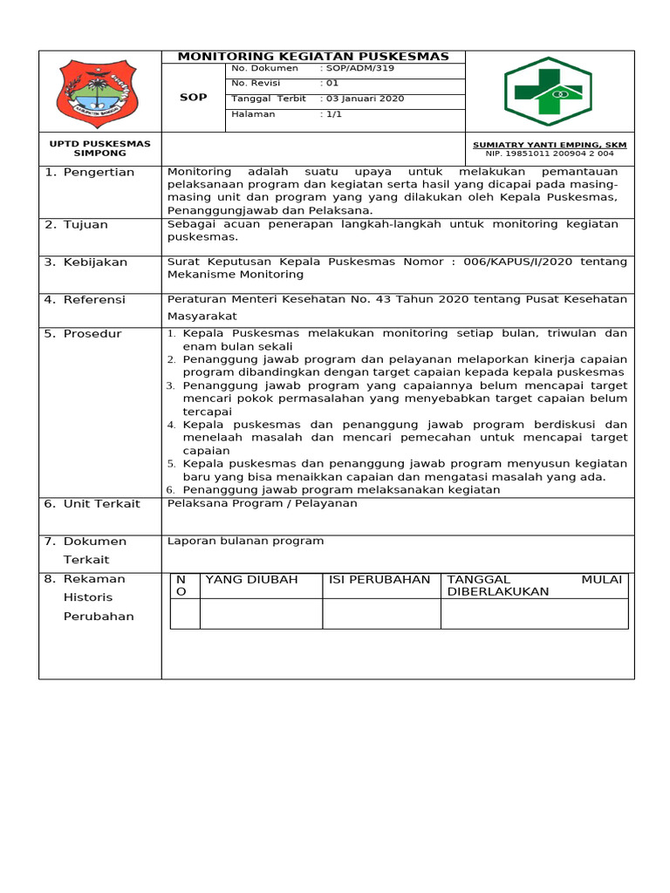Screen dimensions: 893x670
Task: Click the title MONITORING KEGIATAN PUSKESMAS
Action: [313, 57]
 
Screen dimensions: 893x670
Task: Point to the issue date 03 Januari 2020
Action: [365, 99]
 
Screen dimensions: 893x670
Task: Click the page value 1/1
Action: [333, 114]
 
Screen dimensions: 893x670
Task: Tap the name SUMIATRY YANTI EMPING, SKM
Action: [549, 145]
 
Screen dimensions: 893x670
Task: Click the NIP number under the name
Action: [550, 153]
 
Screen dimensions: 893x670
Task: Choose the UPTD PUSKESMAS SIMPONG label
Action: [100, 148]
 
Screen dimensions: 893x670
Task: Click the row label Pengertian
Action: [99, 173]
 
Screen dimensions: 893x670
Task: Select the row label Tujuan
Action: [85, 225]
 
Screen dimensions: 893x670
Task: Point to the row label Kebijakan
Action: [95, 262]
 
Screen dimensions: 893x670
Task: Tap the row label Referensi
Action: [94, 300]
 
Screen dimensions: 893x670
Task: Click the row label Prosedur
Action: [92, 334]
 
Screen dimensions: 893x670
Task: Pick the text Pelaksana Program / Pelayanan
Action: [262, 504]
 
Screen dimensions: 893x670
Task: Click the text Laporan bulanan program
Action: [245, 542]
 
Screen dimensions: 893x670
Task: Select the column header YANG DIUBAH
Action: [251, 580]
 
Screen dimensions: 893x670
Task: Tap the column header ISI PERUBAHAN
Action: [379, 580]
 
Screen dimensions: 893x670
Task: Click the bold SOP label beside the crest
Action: [193, 98]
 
